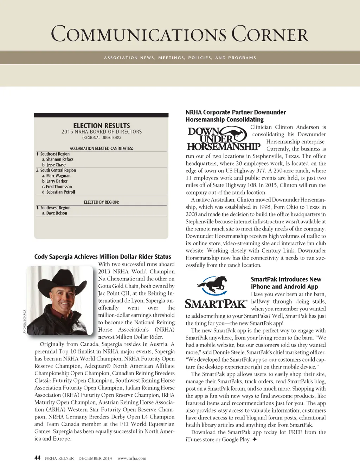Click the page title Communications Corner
[180, 34]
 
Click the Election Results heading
[102, 125]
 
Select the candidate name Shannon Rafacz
[59, 160]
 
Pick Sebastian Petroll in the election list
[60, 192]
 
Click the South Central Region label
[58, 170]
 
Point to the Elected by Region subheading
[101, 202]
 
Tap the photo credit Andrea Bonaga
[25, 322]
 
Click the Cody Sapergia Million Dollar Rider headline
[103, 257]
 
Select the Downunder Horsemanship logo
[223, 139]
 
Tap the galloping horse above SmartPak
[212, 285]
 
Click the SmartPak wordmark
[216, 304]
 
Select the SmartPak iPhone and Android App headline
[286, 283]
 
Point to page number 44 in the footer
[37, 457]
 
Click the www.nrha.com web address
[132, 458]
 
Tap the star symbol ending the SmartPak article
[255, 440]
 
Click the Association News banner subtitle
[180, 58]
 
